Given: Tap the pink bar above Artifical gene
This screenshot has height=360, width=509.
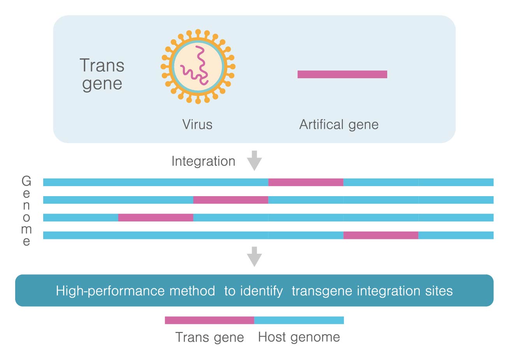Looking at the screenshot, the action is (342, 74).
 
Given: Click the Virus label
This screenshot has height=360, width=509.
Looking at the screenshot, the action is (197, 125).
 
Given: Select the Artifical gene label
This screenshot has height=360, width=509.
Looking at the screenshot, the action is (339, 125).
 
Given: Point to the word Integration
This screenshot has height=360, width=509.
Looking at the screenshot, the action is (204, 161).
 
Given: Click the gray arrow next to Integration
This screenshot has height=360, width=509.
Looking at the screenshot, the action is (254, 160).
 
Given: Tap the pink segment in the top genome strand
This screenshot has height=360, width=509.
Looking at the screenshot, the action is (305, 182).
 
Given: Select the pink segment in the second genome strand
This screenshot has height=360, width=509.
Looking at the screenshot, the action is (231, 200).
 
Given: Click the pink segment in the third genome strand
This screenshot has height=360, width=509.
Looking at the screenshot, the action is (156, 218).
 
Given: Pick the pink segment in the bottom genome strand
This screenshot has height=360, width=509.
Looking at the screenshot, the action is (381, 235).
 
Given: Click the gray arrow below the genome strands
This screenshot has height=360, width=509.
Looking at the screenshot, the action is (254, 256).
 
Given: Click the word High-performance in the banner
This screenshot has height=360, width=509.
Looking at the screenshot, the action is (110, 291).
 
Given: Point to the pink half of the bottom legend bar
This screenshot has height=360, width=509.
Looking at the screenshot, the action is (209, 320).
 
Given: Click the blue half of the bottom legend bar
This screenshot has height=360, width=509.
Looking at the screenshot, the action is (299, 320).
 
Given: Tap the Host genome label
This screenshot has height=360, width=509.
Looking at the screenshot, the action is (299, 337).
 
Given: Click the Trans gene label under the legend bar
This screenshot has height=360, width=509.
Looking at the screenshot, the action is (209, 337).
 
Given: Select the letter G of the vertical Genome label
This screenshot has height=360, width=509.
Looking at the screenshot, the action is (26, 181).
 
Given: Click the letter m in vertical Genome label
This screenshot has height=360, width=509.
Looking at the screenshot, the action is (26, 229).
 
